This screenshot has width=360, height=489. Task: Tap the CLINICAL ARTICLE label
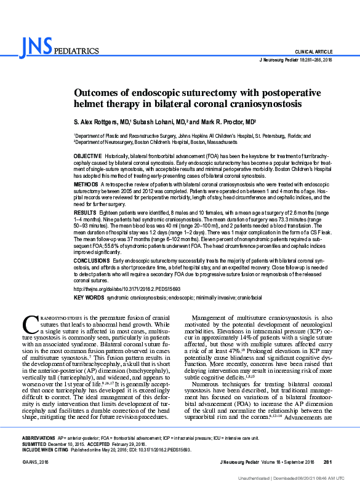314,52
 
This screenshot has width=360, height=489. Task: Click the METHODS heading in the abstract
86,185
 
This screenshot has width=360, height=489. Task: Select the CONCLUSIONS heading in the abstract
92,261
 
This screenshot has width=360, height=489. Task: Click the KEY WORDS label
89,298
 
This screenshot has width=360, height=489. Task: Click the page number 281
327,461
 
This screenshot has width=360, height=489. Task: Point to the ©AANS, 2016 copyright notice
35,461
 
